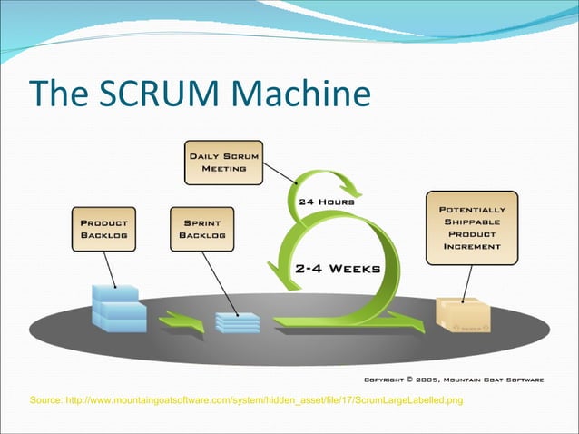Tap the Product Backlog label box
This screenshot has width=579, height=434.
click(x=104, y=229)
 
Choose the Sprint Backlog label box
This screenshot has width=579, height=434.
click(x=202, y=229)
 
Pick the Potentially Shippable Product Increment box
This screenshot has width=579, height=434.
click(x=472, y=227)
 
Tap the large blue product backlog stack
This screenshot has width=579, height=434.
click(x=119, y=309)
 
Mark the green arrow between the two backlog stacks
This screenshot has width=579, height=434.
click(x=182, y=321)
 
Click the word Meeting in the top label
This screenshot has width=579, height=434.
click(x=222, y=169)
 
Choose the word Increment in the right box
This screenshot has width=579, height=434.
click(x=472, y=246)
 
